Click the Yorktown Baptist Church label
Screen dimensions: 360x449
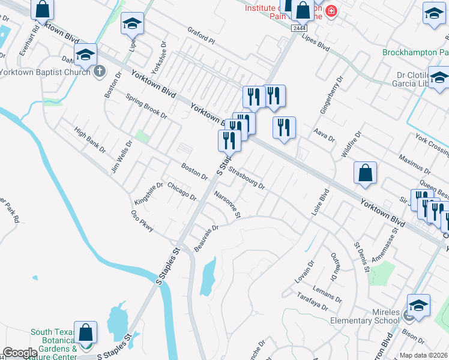pos(44,72)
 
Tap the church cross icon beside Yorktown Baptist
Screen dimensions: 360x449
pos(100,72)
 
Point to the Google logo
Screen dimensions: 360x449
pos(20,353)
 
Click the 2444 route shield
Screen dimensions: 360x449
pos(298,28)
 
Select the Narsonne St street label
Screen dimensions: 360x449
pos(228,204)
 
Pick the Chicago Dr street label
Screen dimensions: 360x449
pos(182,191)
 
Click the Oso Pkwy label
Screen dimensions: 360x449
pos(143,220)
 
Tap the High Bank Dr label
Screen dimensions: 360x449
pos(89,139)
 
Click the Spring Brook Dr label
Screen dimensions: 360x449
pos(146,106)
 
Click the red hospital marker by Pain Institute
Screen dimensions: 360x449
pos(330,11)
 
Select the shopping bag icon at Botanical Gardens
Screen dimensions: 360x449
pos(86,333)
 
